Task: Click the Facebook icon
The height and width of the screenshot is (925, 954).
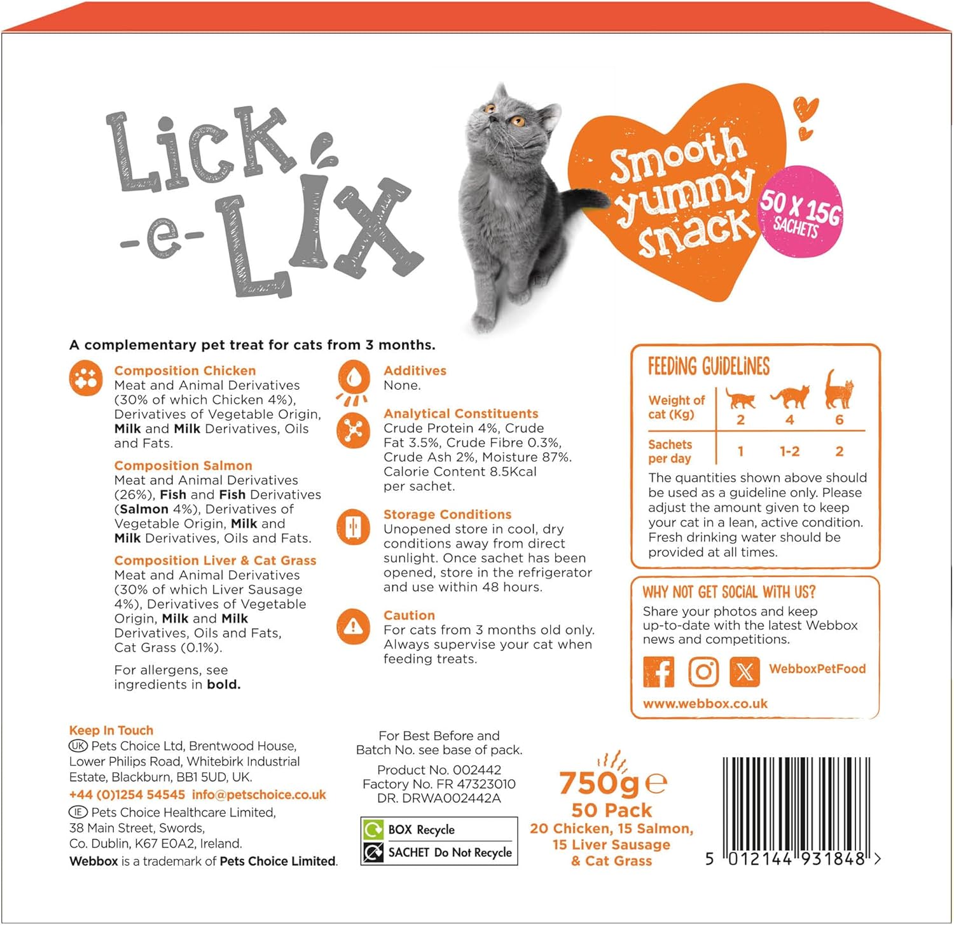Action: [x=659, y=672]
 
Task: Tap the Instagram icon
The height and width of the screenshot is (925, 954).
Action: [x=703, y=672]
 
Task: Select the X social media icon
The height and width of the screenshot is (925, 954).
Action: [x=745, y=672]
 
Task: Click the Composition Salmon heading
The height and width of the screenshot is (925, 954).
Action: [x=183, y=465]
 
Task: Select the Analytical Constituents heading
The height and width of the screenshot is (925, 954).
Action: [x=460, y=413]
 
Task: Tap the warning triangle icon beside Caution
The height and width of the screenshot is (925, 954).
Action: [x=353, y=627]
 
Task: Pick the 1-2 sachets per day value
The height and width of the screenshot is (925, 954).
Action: [x=789, y=451]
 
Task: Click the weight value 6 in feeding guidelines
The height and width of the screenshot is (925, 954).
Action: [x=839, y=420]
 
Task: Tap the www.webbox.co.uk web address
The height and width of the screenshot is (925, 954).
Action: [x=705, y=704]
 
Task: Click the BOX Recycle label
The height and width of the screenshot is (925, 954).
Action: [x=421, y=830]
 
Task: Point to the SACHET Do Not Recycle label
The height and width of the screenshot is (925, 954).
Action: [x=450, y=853]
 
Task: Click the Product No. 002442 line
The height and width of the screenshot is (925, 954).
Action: [x=439, y=770]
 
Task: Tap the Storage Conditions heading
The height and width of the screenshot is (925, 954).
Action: [x=447, y=514]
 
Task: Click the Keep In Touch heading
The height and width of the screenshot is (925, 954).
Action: [x=111, y=730]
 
